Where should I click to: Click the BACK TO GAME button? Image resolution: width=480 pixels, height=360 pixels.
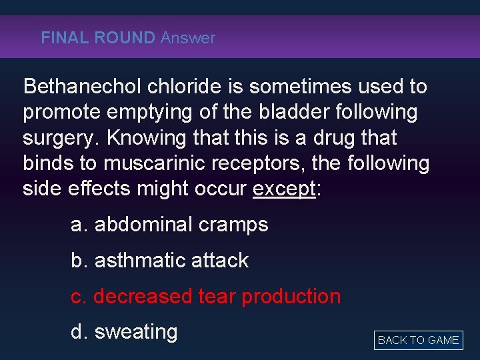418,340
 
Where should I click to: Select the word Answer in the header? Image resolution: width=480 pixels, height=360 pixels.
188,38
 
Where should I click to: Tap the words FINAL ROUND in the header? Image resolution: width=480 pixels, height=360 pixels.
97,38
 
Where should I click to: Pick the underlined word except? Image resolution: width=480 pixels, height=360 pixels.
283,189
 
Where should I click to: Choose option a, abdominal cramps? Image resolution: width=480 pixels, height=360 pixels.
169,225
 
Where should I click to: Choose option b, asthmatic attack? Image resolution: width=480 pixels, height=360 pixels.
160,260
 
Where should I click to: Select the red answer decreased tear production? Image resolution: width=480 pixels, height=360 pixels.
206,296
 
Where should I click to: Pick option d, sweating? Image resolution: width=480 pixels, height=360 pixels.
124,332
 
